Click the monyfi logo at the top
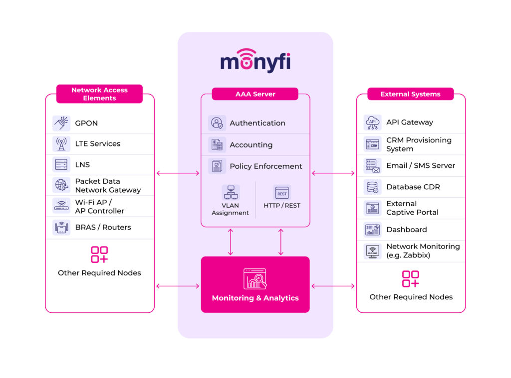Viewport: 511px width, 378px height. (x=255, y=61)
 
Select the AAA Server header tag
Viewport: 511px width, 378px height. (x=255, y=94)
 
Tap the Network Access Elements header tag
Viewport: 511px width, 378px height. (x=99, y=94)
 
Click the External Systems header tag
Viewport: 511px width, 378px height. (x=410, y=94)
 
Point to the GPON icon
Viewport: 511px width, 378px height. (x=61, y=123)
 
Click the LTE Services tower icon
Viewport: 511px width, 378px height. (x=61, y=144)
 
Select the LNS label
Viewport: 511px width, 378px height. (x=82, y=164)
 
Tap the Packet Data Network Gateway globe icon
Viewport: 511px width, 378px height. (x=61, y=185)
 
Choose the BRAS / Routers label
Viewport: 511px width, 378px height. (x=103, y=227)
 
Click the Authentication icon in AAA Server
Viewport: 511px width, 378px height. (x=217, y=123)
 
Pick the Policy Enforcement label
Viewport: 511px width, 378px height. (x=265, y=166)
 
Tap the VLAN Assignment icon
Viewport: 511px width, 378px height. (x=231, y=192)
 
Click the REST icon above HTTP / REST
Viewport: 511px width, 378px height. (x=282, y=193)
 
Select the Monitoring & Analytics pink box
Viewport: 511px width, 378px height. (x=255, y=284)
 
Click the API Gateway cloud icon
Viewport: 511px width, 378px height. (x=372, y=122)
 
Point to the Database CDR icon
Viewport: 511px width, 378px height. (x=372, y=187)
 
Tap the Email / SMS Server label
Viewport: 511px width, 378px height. (x=420, y=165)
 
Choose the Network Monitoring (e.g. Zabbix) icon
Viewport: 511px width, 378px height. (x=372, y=251)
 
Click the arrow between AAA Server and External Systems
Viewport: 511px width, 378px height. (x=333, y=173)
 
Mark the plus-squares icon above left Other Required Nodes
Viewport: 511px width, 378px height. (x=99, y=254)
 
